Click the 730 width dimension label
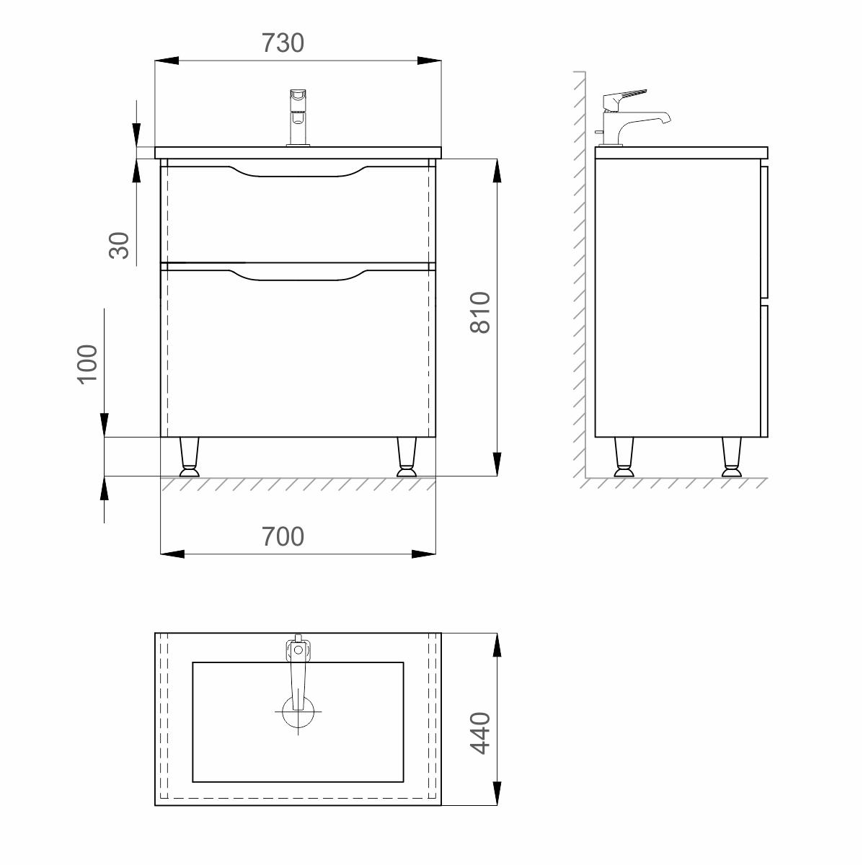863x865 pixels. pyautogui.click(x=283, y=43)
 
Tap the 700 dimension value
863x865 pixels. pyautogui.click(x=283, y=536)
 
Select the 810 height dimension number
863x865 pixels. pyautogui.click(x=480, y=312)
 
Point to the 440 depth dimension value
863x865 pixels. pyautogui.click(x=480, y=733)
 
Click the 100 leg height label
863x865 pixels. pyautogui.click(x=87, y=364)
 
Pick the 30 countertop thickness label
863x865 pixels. pyautogui.click(x=119, y=246)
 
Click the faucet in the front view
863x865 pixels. pyautogui.click(x=298, y=117)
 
